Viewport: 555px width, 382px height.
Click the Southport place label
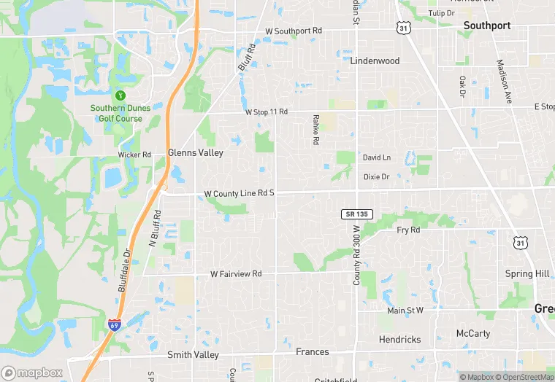pyautogui.click(x=487, y=26)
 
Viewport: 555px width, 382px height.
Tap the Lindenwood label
pyautogui.click(x=375, y=61)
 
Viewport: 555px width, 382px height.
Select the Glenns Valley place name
pyautogui.click(x=195, y=154)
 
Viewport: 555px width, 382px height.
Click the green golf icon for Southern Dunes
pyautogui.click(x=120, y=95)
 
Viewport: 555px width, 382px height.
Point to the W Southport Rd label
pyautogui.click(x=294, y=31)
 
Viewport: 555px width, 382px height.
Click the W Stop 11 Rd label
pyautogui.click(x=267, y=112)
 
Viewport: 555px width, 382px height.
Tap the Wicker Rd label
pyautogui.click(x=134, y=155)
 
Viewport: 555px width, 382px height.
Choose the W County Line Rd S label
pyautogui.click(x=239, y=193)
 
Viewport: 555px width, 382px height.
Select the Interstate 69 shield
pyautogui.click(x=115, y=325)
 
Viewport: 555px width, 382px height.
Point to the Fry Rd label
pyautogui.click(x=408, y=230)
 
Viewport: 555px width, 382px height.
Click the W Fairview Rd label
pyautogui.click(x=236, y=274)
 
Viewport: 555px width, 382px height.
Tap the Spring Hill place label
pyautogui.click(x=527, y=274)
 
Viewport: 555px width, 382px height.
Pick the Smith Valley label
pyautogui.click(x=193, y=355)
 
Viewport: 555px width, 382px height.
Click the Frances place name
pyautogui.click(x=312, y=352)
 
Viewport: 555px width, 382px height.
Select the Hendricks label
pyautogui.click(x=399, y=340)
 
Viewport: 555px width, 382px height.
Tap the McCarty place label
pyautogui.click(x=473, y=334)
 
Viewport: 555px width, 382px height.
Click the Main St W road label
pyautogui.click(x=405, y=311)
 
